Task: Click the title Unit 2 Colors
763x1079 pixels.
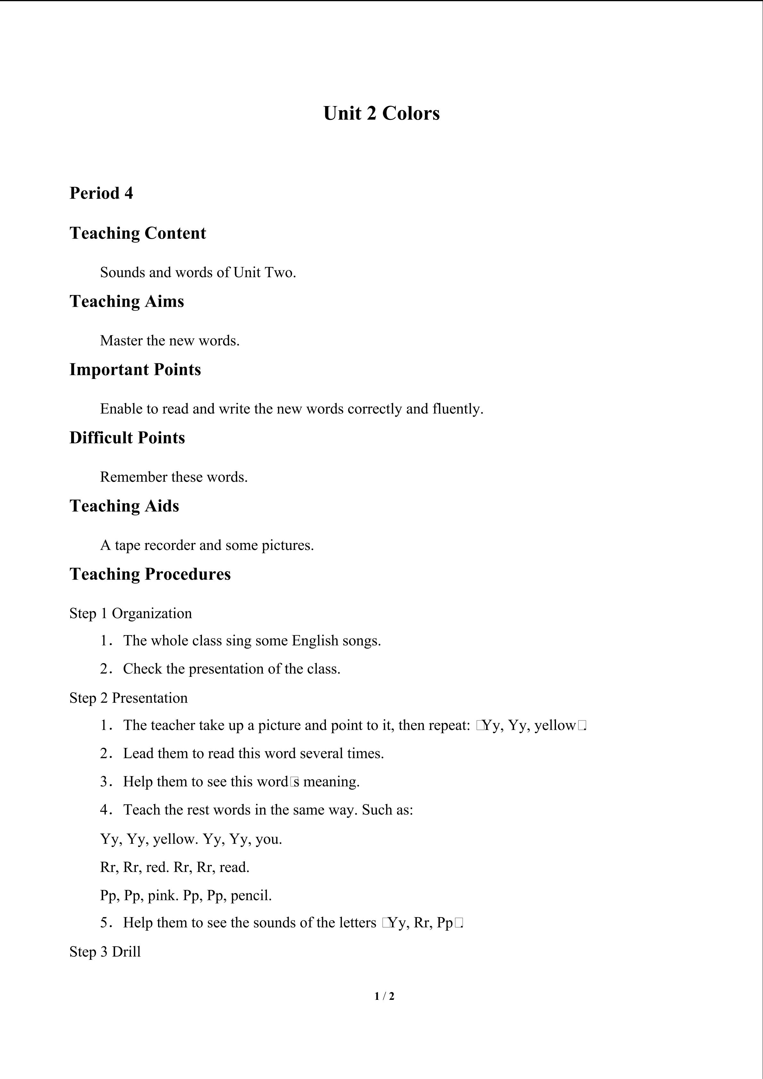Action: tap(381, 113)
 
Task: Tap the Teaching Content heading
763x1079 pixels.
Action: tap(138, 233)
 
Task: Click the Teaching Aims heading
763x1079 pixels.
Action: tap(127, 301)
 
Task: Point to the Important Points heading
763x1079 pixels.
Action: tap(135, 369)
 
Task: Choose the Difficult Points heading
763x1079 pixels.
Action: tap(127, 437)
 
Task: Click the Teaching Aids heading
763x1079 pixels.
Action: tap(125, 506)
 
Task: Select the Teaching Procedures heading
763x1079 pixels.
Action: tap(150, 574)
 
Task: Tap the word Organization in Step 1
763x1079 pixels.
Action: tap(152, 613)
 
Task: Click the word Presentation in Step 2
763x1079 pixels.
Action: tap(149, 698)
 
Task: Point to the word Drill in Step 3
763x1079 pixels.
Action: tap(126, 952)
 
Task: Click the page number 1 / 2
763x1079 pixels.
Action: tap(384, 996)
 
